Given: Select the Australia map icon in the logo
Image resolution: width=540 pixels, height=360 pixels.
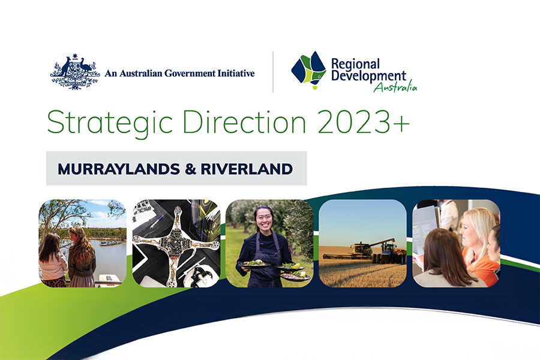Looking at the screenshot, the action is point(308,70).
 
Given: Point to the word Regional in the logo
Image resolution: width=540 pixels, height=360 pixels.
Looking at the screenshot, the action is point(355,64).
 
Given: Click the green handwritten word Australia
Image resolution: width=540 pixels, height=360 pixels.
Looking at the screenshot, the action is point(395,86).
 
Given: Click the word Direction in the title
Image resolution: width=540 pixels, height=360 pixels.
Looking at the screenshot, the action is point(244,122).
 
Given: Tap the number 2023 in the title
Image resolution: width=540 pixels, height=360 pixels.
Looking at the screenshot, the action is point(353,122).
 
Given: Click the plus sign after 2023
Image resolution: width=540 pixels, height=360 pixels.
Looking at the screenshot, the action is point(401,124).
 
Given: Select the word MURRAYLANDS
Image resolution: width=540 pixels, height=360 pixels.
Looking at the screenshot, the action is point(119,169).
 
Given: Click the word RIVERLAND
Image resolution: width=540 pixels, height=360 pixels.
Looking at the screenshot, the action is point(247,169).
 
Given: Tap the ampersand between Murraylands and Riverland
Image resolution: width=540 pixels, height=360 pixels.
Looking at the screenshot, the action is point(190,169).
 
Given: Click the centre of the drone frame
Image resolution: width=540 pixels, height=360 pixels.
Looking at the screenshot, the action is point(176,243).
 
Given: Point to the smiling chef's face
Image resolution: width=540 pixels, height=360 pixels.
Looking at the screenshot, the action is point(265,218).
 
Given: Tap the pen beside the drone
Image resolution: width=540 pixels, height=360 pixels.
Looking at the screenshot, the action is point(156,221).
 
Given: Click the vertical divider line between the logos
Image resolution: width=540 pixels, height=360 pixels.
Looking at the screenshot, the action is point(273,71).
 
